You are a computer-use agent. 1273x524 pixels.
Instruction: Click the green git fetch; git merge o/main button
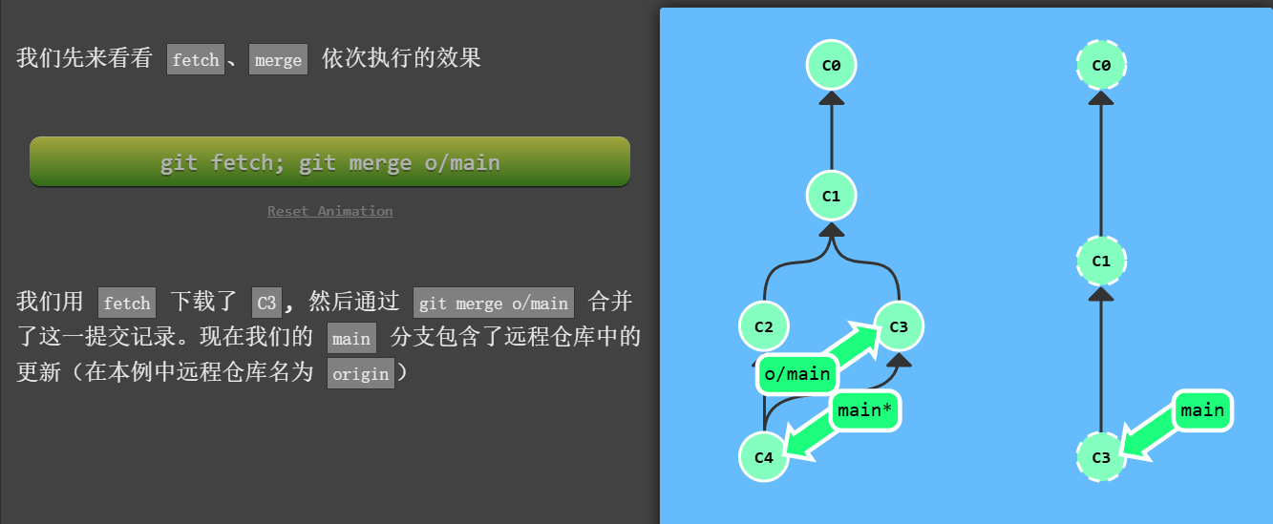tap(329, 162)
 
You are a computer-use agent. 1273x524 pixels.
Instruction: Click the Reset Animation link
tap(329, 211)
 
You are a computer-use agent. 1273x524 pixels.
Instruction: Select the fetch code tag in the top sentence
tap(196, 59)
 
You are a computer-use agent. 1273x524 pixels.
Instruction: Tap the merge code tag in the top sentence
tap(278, 59)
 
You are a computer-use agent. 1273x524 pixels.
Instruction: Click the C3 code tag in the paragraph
tap(266, 303)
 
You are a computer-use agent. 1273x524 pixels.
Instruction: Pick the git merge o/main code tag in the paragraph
tap(493, 303)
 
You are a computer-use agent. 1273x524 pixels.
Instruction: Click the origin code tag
tap(361, 373)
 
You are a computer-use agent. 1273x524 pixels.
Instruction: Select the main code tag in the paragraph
tap(351, 338)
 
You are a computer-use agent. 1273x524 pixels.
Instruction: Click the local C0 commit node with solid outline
tap(831, 65)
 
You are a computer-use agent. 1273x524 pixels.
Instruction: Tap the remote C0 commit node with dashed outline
tap(1101, 65)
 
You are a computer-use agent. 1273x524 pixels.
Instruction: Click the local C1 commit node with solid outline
tap(831, 196)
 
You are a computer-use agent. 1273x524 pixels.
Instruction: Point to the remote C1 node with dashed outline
tap(1101, 261)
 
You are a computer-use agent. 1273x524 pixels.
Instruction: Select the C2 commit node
tap(763, 326)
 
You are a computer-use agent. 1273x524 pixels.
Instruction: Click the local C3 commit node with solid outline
tap(899, 326)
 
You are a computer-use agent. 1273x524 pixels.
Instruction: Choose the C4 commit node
tap(763, 456)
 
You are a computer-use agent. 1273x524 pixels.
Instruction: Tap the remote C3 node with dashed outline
tap(1101, 456)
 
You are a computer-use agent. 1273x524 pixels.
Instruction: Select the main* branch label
tap(865, 410)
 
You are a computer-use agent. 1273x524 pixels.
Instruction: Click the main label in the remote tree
tap(1202, 410)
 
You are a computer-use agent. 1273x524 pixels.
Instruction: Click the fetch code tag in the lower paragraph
tap(127, 303)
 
